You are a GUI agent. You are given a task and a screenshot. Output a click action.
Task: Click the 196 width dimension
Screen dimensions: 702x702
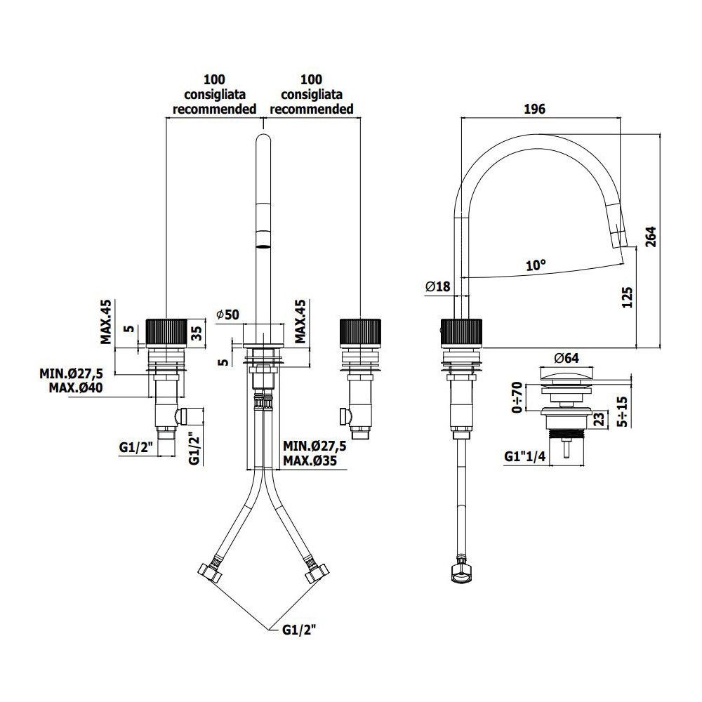point(534,109)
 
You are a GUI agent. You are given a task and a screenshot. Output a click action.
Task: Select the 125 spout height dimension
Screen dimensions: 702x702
point(627,298)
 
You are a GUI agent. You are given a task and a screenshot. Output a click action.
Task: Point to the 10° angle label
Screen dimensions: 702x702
point(536,265)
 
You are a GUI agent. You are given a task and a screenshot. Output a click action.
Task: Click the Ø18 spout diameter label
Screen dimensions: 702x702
point(438,286)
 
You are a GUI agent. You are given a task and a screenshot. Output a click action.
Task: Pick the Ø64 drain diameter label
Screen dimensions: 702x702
point(567,358)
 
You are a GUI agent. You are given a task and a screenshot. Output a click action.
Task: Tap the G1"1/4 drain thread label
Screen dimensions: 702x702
point(524,456)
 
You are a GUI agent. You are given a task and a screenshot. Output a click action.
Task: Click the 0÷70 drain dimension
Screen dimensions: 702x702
point(517,397)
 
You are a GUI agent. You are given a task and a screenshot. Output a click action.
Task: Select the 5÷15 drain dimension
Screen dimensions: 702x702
point(622,411)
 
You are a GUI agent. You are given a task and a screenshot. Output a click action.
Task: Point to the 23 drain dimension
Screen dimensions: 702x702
point(600,419)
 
